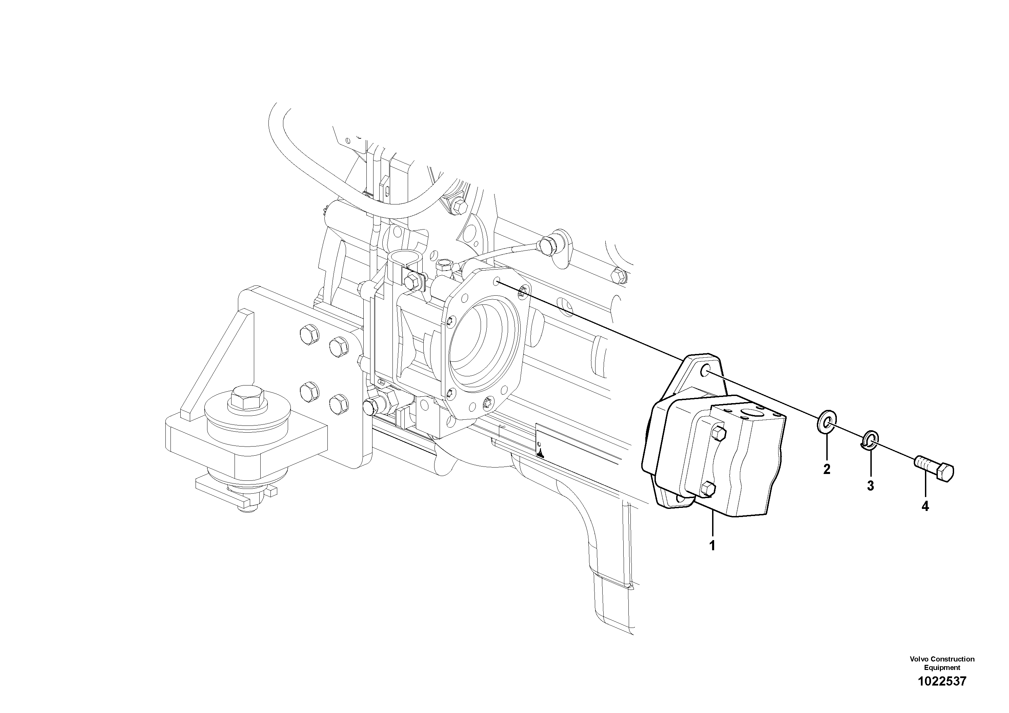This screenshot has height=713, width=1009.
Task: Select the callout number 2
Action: point(827,470)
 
